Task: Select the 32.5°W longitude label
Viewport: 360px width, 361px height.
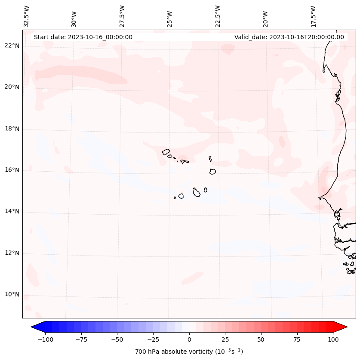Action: click(x=27, y=16)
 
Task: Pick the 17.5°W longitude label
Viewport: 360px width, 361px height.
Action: click(x=313, y=16)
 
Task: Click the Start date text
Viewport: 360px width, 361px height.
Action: click(x=83, y=37)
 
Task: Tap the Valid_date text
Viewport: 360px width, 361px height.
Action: click(x=289, y=37)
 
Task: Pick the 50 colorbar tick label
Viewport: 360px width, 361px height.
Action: click(x=261, y=339)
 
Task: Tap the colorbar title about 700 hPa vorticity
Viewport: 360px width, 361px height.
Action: click(x=189, y=352)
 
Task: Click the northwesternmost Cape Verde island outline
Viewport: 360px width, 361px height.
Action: click(x=166, y=151)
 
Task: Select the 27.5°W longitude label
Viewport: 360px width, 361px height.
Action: click(x=122, y=16)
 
